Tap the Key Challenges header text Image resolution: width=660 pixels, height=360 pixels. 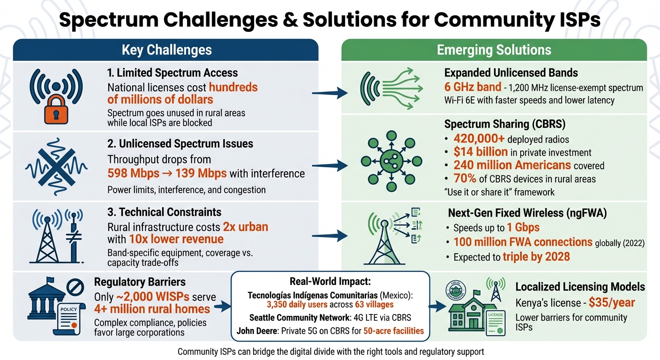tap(166, 50)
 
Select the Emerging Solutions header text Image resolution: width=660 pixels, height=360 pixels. tap(494, 50)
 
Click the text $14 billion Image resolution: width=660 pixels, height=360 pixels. tap(480, 152)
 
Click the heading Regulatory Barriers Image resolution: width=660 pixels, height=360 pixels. tap(140, 282)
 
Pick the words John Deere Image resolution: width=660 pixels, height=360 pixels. tap(257, 331)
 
